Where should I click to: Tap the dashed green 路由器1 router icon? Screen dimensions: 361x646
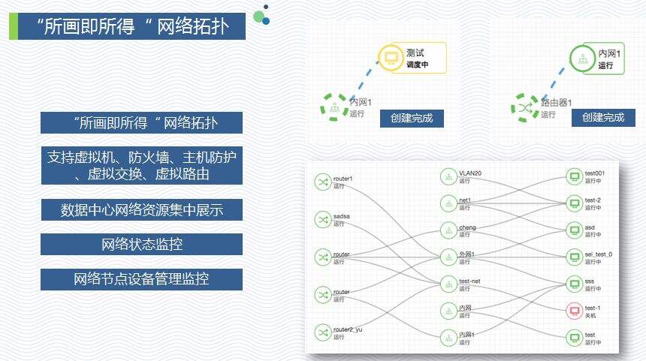click(524, 108)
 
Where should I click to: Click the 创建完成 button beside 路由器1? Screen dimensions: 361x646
click(603, 118)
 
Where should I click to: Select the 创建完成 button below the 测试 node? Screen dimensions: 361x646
click(412, 118)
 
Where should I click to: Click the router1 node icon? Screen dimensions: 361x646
click(323, 182)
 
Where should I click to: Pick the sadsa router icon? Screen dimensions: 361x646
click(323, 219)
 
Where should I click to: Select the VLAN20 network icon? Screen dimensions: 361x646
click(448, 176)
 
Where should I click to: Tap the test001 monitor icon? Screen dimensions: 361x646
click(575, 176)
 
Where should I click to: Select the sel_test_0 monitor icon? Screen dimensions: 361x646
click(575, 257)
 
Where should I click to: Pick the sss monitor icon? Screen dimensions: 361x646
click(575, 284)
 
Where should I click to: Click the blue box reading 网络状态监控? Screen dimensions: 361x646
click(141, 244)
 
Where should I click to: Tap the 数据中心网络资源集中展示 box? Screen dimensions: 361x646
click(141, 209)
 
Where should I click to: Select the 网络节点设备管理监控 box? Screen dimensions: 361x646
click(141, 279)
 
